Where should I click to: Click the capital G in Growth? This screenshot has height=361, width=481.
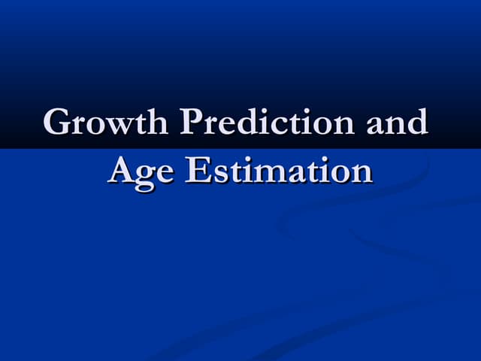(x=57, y=123)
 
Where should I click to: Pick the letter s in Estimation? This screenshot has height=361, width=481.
(x=216, y=172)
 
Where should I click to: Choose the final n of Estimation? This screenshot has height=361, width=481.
(x=362, y=172)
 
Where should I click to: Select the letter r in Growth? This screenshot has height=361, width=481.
(x=75, y=125)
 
